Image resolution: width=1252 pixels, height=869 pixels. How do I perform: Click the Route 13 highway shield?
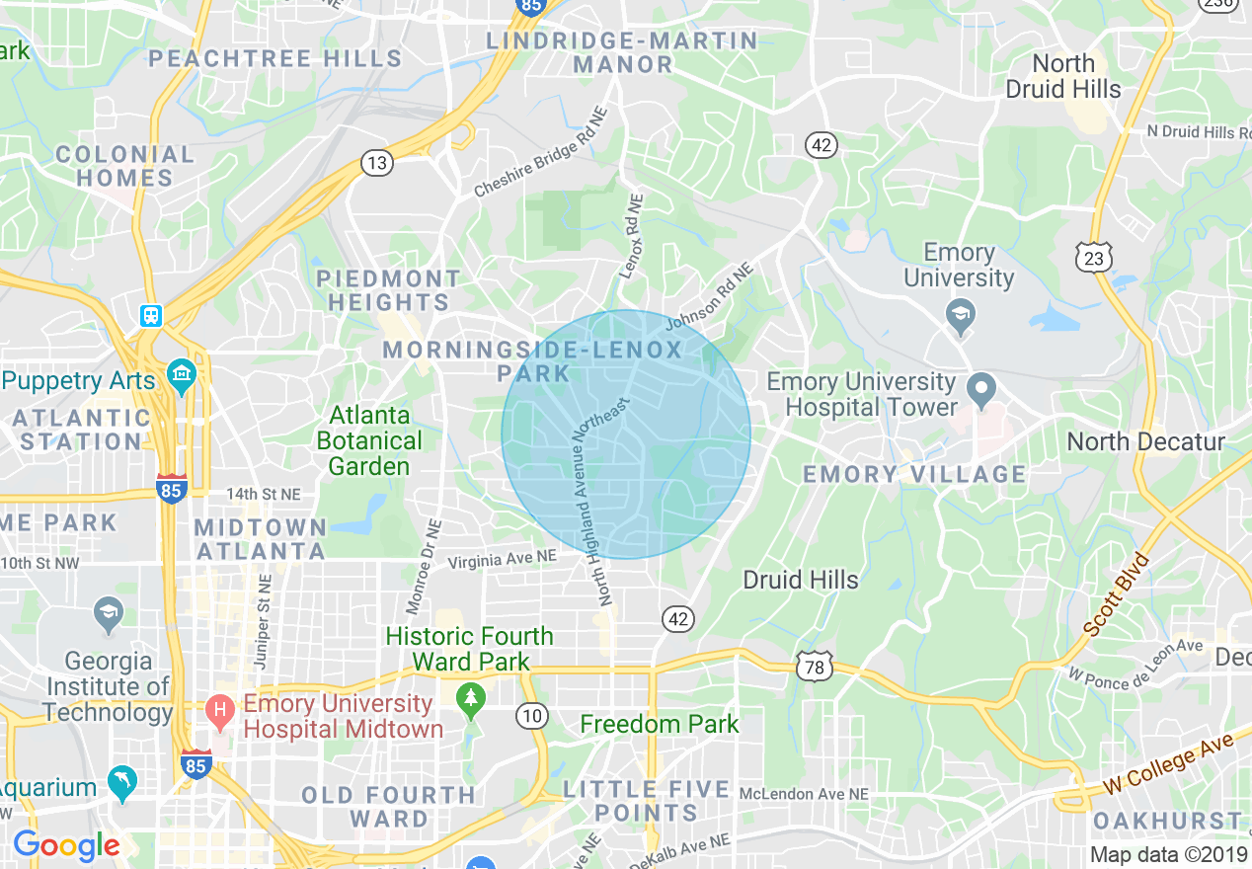(376, 162)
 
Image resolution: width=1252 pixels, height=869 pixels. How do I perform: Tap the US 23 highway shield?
(1094, 258)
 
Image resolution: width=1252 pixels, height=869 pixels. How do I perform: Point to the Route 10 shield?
(532, 716)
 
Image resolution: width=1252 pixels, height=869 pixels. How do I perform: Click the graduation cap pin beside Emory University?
(958, 317)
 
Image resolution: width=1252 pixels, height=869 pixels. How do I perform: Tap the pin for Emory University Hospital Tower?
(980, 389)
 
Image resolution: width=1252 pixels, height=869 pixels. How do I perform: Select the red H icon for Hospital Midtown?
(220, 709)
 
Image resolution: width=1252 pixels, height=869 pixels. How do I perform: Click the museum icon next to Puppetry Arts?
(182, 375)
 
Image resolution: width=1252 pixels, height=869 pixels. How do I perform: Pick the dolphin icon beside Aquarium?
(122, 782)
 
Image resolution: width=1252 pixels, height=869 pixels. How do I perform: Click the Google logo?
(66, 845)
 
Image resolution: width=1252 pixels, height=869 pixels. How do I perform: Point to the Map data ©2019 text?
(1168, 855)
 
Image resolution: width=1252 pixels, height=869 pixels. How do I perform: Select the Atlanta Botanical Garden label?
(369, 440)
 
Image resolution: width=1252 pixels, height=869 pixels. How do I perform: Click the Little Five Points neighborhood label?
(647, 802)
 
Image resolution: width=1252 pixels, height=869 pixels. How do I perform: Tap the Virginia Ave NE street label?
(502, 559)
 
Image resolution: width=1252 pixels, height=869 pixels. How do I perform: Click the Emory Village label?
(914, 474)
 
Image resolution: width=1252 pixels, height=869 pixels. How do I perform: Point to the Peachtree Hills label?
(275, 58)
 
